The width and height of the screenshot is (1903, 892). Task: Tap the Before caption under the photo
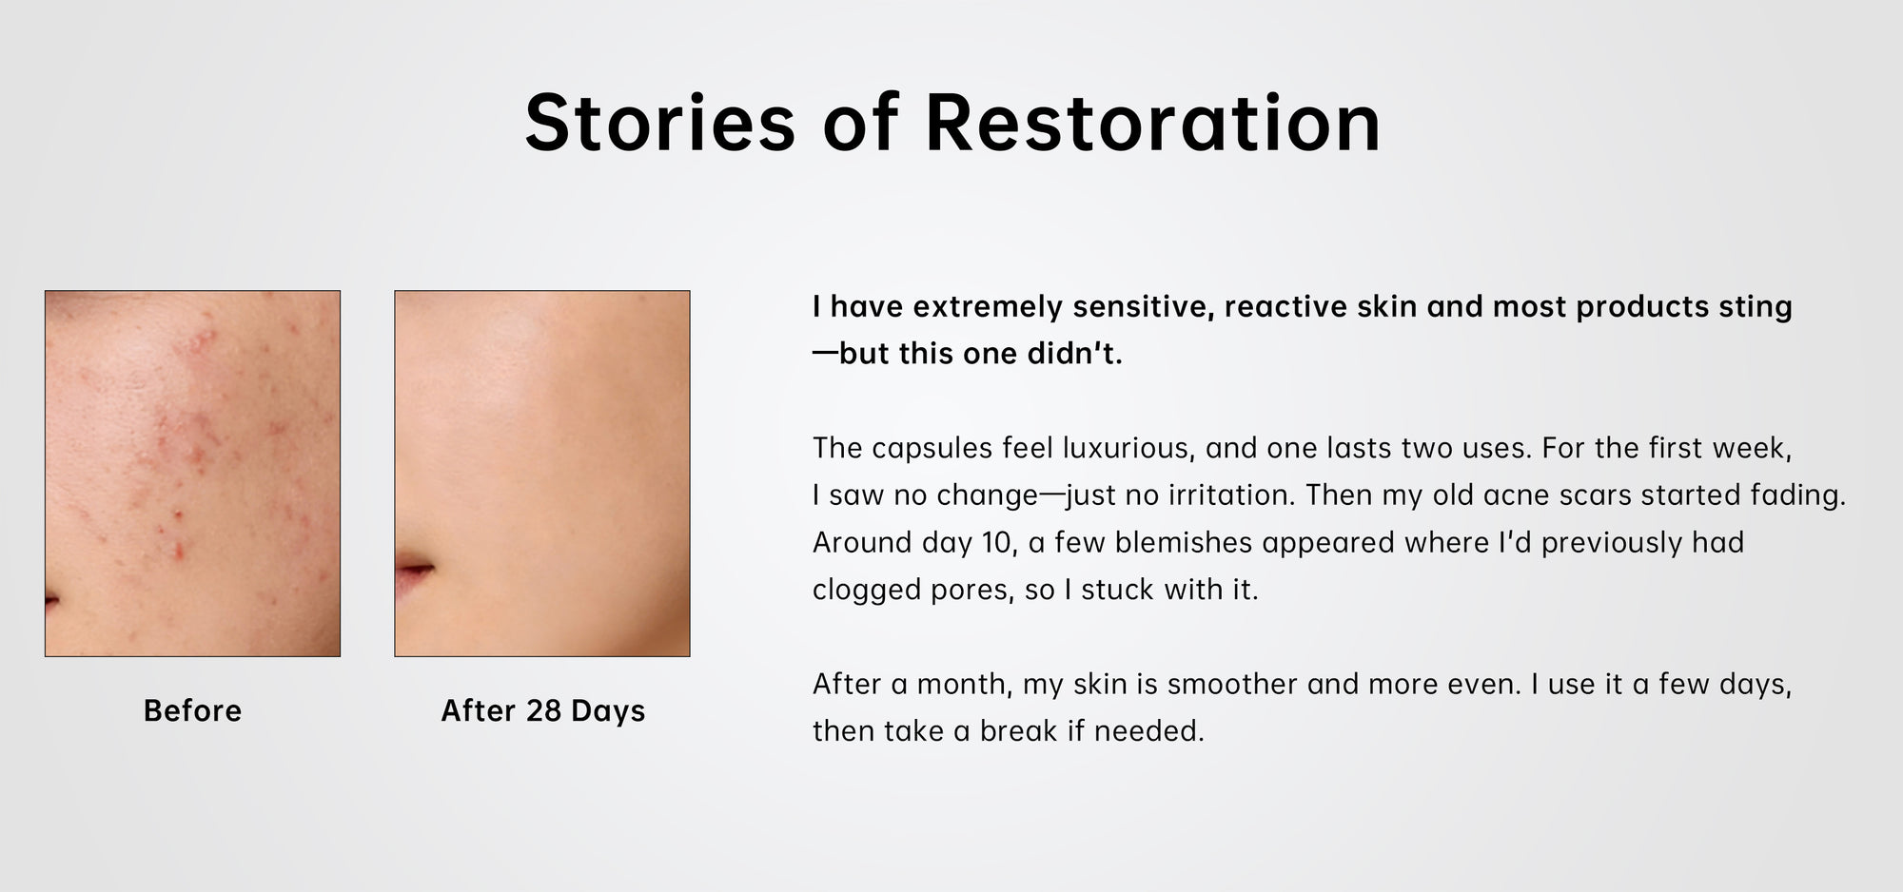192,710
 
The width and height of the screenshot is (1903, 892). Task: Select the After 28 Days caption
542,710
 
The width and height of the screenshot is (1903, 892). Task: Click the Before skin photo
192,474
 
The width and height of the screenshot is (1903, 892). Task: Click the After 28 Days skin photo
542,474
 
